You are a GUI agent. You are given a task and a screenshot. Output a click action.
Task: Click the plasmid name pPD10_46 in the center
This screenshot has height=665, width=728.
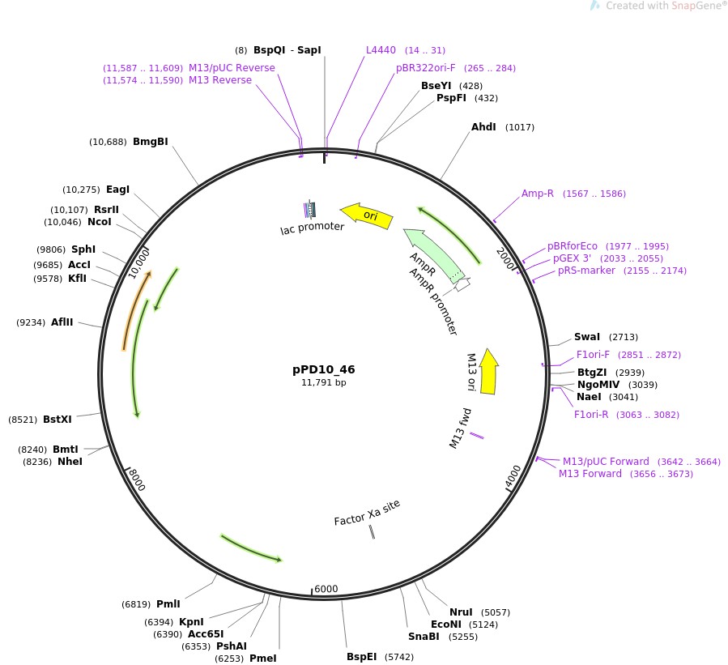click(323, 369)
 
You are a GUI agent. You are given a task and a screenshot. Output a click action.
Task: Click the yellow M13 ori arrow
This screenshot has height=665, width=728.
click(488, 372)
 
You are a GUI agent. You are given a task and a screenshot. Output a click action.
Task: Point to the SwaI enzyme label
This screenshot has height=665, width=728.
click(587, 337)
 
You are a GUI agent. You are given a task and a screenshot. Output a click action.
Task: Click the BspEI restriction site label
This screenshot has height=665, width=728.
click(361, 657)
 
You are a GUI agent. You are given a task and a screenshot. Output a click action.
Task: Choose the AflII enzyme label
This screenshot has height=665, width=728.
click(62, 322)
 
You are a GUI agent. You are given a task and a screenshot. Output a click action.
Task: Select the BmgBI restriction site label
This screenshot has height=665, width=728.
click(150, 142)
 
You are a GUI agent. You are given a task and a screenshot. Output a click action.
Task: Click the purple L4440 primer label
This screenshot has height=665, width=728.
click(381, 50)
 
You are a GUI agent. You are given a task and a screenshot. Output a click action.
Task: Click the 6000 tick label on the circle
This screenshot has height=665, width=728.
click(326, 589)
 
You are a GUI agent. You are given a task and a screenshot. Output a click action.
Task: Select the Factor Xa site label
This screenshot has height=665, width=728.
click(367, 513)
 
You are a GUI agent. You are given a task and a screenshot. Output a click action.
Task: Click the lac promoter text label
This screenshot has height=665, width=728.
click(312, 228)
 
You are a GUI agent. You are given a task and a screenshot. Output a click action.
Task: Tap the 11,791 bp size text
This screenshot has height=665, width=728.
click(323, 382)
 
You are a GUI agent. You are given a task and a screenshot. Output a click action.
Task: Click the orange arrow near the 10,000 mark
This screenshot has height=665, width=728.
click(136, 310)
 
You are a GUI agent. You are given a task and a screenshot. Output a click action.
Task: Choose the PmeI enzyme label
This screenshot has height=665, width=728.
click(262, 659)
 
